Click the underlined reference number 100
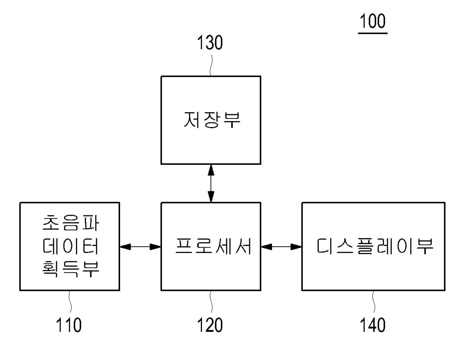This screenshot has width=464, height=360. pyautogui.click(x=373, y=21)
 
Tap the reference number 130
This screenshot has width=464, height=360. pyautogui.click(x=210, y=43)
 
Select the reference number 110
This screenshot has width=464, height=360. pyautogui.click(x=69, y=325)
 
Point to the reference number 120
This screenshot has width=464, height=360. pyautogui.click(x=210, y=325)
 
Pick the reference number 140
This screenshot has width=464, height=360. pyautogui.click(x=373, y=325)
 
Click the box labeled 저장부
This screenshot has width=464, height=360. pyautogui.click(x=211, y=120)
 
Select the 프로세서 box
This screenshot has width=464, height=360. pyautogui.click(x=211, y=246)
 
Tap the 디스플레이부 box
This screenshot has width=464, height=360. pyautogui.click(x=373, y=246)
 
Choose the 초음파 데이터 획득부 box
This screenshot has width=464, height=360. pyautogui.click(x=70, y=246)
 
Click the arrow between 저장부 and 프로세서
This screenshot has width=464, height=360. pyautogui.click(x=211, y=183)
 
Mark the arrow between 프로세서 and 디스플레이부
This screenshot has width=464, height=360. pyautogui.click(x=281, y=247)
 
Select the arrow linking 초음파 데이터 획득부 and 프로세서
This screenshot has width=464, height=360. pyautogui.click(x=140, y=247)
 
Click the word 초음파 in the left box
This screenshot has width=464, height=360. pyautogui.click(x=70, y=224)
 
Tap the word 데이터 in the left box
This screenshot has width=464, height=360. pyautogui.click(x=70, y=246)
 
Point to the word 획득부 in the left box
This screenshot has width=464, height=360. pyautogui.click(x=70, y=269)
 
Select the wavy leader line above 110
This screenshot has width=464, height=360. pyautogui.click(x=70, y=302)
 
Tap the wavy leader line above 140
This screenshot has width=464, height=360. pyautogui.click(x=373, y=302)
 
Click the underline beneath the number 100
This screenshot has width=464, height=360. pyautogui.click(x=373, y=33)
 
